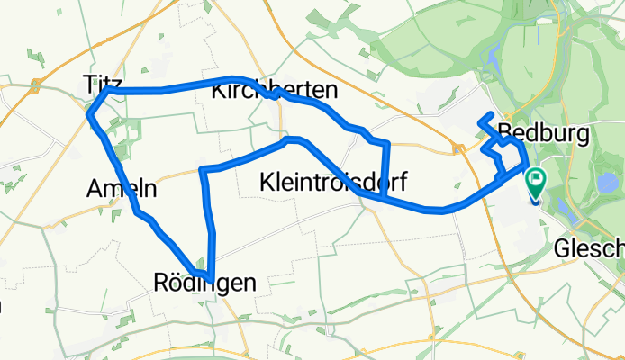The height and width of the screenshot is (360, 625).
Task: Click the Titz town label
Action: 101,83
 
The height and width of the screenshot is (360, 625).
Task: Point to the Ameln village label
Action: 121,189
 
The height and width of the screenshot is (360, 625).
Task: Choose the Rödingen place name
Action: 205,283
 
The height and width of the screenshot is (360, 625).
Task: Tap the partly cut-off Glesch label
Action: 590,247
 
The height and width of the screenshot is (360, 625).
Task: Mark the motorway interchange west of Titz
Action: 34,86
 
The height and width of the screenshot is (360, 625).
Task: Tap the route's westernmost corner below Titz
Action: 88,113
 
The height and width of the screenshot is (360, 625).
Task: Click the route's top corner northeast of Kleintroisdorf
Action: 387,143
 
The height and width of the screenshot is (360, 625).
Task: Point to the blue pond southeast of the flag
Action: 565,209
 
